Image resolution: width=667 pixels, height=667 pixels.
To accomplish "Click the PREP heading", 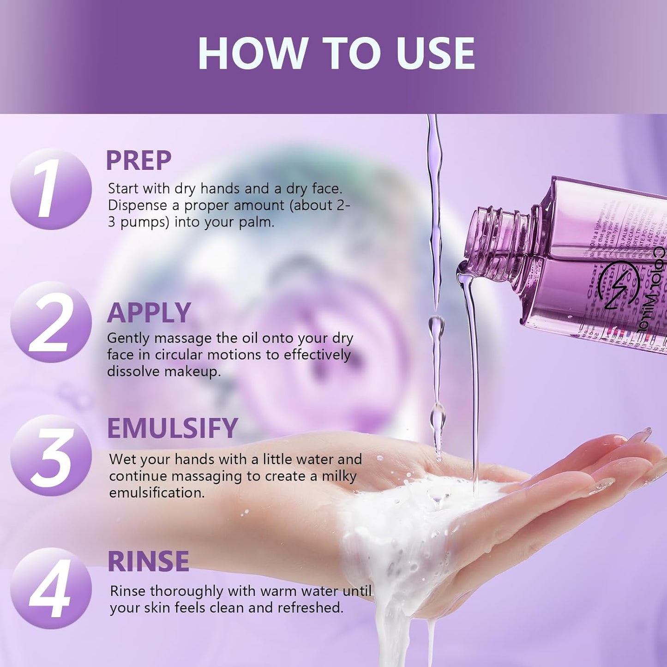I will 138,161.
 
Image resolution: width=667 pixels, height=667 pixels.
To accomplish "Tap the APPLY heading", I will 149,312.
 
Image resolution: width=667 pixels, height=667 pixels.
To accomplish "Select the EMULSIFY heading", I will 172,428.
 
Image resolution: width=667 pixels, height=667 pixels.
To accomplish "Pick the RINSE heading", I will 148,561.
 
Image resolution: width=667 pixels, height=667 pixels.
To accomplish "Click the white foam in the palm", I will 406,522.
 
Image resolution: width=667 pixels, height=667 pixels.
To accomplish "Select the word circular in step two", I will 179,355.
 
